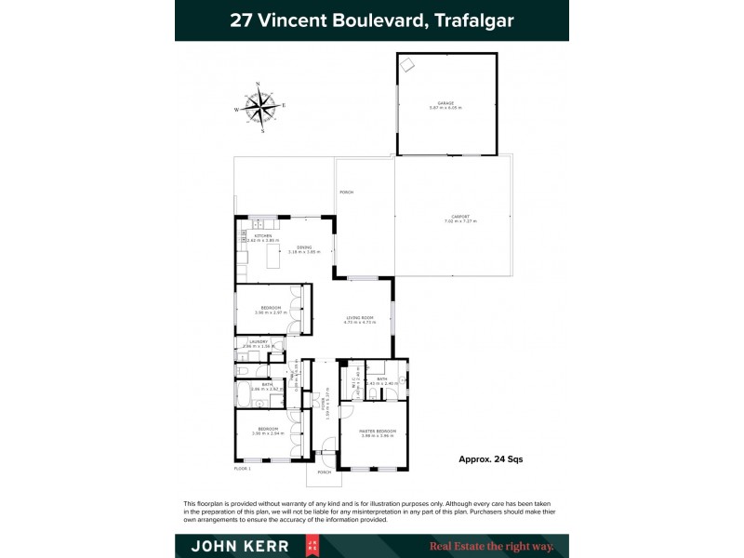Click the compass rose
point(261,106)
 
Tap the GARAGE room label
point(445,104)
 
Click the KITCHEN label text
point(263,236)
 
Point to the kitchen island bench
point(272,257)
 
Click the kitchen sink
point(259,225)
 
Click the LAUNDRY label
point(257,341)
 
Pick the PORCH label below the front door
point(324,472)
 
